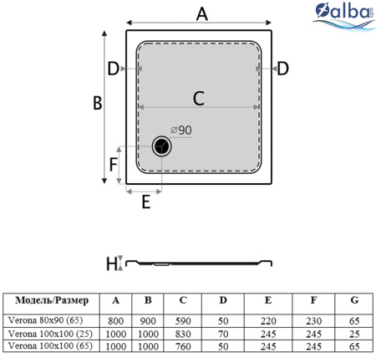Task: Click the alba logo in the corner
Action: (344, 17)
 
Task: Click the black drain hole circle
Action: (161, 146)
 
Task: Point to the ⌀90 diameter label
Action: (181, 130)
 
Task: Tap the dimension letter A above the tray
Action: (202, 14)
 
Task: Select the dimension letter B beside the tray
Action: (98, 103)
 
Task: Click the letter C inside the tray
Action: (199, 98)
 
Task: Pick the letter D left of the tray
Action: (114, 69)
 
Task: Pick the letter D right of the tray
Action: (282, 69)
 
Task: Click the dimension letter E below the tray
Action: (146, 202)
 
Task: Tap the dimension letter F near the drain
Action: (113, 164)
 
